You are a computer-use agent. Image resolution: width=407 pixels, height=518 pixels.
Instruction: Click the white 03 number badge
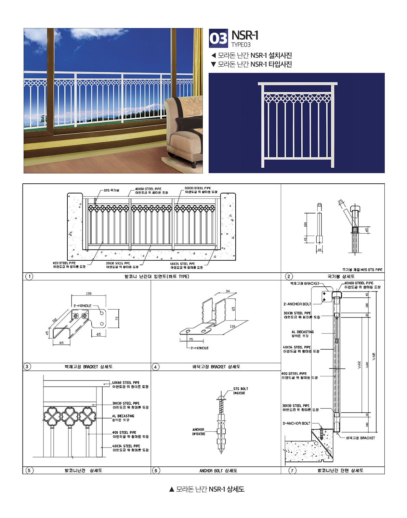(x=218, y=39)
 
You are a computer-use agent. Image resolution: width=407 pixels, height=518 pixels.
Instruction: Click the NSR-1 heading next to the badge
(x=245, y=35)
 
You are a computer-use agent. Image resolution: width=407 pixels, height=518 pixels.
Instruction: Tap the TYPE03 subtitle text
(x=241, y=45)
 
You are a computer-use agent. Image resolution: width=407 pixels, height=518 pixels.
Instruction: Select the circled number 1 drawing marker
(x=29, y=276)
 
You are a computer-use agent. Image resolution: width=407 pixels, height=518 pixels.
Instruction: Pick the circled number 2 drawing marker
(x=289, y=276)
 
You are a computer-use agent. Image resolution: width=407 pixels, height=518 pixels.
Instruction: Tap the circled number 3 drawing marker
(x=27, y=367)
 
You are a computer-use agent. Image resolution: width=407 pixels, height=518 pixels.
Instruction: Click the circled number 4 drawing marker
(x=155, y=367)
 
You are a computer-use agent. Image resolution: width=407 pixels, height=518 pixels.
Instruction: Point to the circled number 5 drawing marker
(x=29, y=470)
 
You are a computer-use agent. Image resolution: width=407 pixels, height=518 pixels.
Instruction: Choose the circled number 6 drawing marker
(x=156, y=470)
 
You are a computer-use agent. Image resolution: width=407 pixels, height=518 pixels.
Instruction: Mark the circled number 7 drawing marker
(x=292, y=470)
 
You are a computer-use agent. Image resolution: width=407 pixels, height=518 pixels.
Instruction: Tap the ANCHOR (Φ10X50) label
(x=198, y=431)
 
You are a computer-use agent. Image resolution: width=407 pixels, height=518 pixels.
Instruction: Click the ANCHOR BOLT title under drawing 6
(x=218, y=471)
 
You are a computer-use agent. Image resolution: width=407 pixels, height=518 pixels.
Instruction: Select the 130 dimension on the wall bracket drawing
(x=89, y=294)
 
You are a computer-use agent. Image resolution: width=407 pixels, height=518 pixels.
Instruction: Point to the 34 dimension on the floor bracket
(x=228, y=291)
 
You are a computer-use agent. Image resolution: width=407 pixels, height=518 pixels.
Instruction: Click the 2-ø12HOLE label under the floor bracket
(x=200, y=348)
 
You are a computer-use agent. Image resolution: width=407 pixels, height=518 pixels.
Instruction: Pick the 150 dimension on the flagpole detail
(x=305, y=224)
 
